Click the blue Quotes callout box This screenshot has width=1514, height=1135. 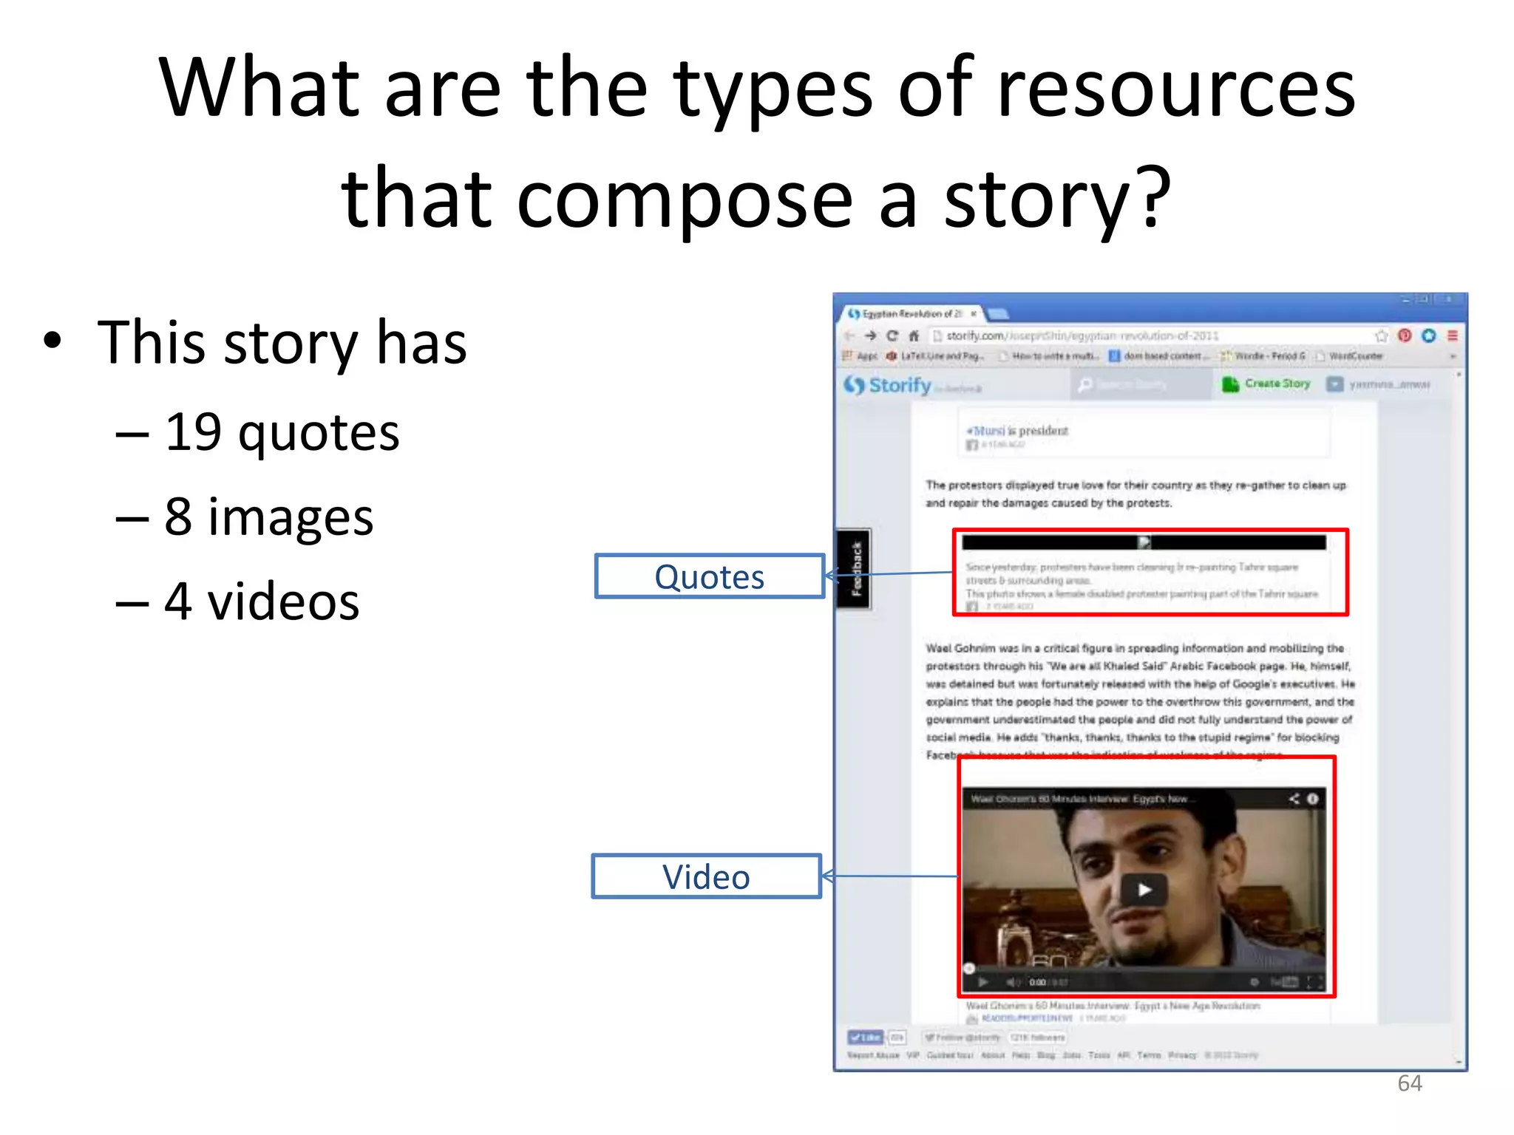709,576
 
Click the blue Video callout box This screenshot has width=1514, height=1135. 706,877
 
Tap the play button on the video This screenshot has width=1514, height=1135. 1144,890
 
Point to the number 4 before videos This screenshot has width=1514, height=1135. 178,601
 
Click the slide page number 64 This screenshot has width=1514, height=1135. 1409,1083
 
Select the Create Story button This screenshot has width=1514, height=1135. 1267,384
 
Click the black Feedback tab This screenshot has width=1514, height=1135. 854,569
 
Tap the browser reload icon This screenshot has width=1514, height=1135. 892,336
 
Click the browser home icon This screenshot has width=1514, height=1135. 914,336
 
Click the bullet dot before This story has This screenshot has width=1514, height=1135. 52,341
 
